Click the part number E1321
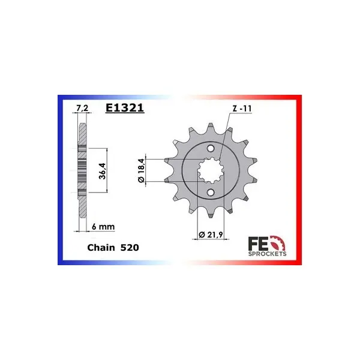point(125,108)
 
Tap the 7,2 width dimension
point(82,108)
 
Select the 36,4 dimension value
point(102,171)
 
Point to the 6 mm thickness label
point(103,227)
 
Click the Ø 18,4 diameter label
point(141,170)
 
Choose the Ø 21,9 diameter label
point(211,235)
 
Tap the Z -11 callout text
point(242,109)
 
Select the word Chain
point(101,247)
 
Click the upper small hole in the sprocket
point(211,148)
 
